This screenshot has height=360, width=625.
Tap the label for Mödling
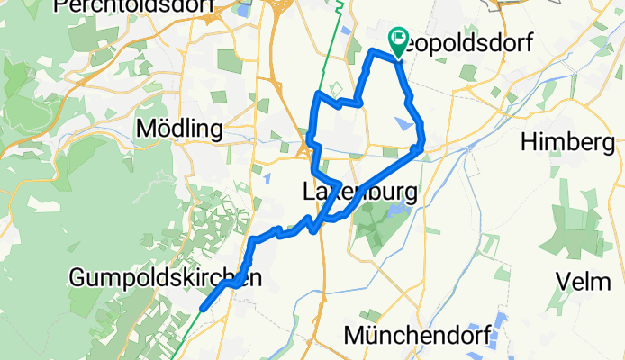(x=178, y=129)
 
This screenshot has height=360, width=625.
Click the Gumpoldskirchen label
(x=166, y=279)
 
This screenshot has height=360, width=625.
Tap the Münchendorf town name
(x=418, y=336)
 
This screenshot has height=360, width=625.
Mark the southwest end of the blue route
(x=202, y=307)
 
